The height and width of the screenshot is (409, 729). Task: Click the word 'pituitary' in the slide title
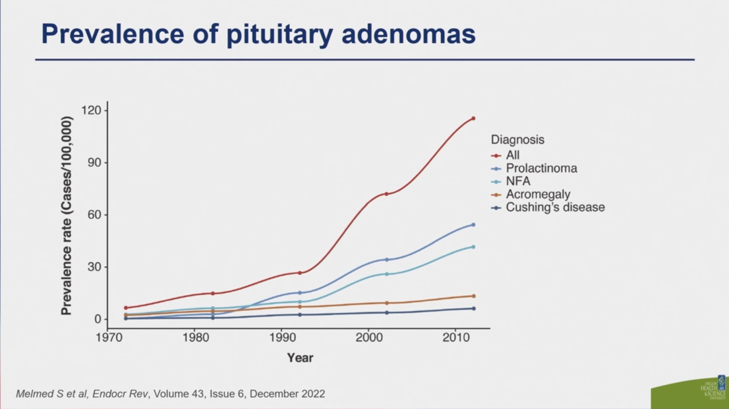tap(280, 34)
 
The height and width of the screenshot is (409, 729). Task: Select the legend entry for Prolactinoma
tap(541, 168)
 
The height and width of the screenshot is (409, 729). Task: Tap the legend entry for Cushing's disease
tap(555, 207)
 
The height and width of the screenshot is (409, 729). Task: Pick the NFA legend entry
tap(518, 181)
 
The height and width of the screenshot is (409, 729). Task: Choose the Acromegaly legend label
tap(538, 194)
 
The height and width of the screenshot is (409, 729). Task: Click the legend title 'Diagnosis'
tap(517, 140)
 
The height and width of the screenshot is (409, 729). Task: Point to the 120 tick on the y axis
tap(91, 110)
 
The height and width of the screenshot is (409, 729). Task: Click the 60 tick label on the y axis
tap(94, 215)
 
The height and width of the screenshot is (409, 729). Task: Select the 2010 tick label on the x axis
tap(456, 338)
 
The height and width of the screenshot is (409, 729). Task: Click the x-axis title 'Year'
tap(300, 358)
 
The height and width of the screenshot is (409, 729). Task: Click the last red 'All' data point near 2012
tap(473, 118)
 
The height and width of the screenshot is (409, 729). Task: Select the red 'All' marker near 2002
tap(386, 194)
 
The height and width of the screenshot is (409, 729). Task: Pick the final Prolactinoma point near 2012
tap(473, 225)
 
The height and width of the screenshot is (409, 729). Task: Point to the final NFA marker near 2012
tap(473, 247)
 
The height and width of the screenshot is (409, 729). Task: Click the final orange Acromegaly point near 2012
tap(474, 296)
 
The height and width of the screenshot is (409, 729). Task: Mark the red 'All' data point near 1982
tap(213, 293)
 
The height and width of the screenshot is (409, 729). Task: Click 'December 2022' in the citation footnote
tap(287, 394)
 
